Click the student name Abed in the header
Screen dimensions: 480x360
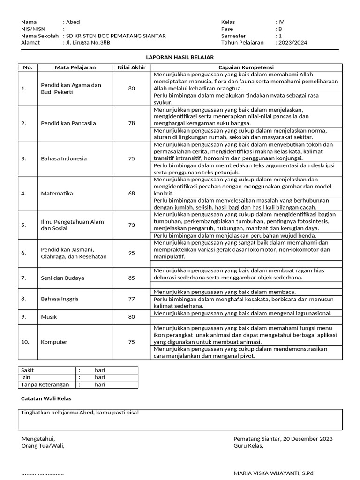(73, 22)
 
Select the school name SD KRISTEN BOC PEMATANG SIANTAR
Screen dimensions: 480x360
(116, 36)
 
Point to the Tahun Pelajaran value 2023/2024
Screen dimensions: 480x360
(292, 42)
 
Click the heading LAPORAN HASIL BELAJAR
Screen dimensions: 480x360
(180, 57)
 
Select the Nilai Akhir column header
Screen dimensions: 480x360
(131, 67)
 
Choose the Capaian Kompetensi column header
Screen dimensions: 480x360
(246, 67)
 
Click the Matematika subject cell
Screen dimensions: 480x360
(57, 194)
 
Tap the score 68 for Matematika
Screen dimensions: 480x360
(131, 194)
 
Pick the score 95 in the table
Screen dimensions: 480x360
(131, 253)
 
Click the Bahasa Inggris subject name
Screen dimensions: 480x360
(60, 299)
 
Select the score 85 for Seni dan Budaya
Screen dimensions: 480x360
(131, 278)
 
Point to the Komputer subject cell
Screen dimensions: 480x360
(54, 342)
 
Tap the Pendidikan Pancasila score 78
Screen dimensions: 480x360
(131, 123)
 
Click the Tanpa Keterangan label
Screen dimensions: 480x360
(45, 385)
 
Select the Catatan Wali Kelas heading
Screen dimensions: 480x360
(46, 398)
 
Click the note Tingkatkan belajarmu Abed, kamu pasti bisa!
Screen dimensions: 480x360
(80, 413)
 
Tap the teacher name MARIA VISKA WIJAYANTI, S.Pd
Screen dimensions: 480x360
(273, 473)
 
